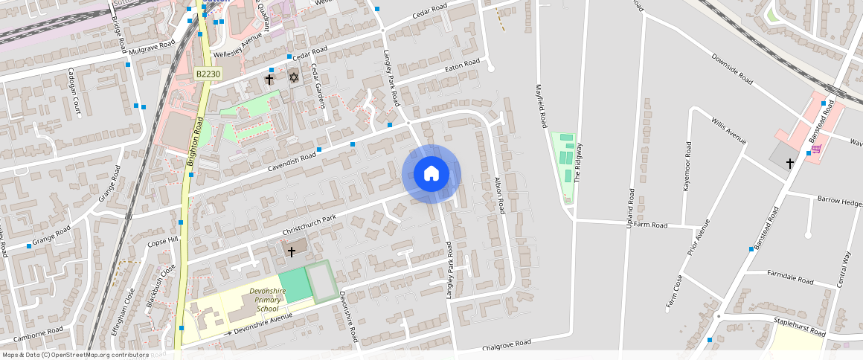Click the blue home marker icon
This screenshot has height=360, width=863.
point(431,174)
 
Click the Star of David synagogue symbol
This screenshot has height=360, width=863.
point(294,77)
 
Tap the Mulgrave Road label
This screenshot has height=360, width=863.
point(152,48)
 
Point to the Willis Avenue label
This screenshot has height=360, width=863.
point(728,130)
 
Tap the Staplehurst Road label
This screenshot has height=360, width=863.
point(800,327)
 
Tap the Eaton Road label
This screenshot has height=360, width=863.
point(463,65)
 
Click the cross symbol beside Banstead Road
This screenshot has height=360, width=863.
point(789,161)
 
